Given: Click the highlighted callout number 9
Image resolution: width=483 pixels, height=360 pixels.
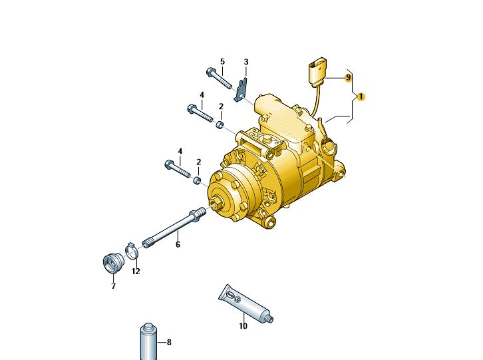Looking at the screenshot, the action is [x=348, y=77].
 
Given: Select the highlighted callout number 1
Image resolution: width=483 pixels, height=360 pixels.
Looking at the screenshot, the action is [x=361, y=96].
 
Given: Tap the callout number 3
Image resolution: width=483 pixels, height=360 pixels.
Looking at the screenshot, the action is [x=246, y=62].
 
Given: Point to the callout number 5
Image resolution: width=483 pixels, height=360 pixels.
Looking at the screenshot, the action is [x=222, y=61].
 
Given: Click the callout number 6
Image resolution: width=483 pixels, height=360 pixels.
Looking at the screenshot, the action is [x=178, y=244].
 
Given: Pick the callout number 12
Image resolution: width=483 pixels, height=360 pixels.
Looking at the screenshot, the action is [x=136, y=271].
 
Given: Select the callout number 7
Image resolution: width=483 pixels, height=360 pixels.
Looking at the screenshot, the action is [x=113, y=286].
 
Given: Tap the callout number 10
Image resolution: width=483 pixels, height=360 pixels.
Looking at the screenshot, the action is [x=243, y=326].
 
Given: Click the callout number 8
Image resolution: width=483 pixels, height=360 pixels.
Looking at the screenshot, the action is [x=169, y=342].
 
